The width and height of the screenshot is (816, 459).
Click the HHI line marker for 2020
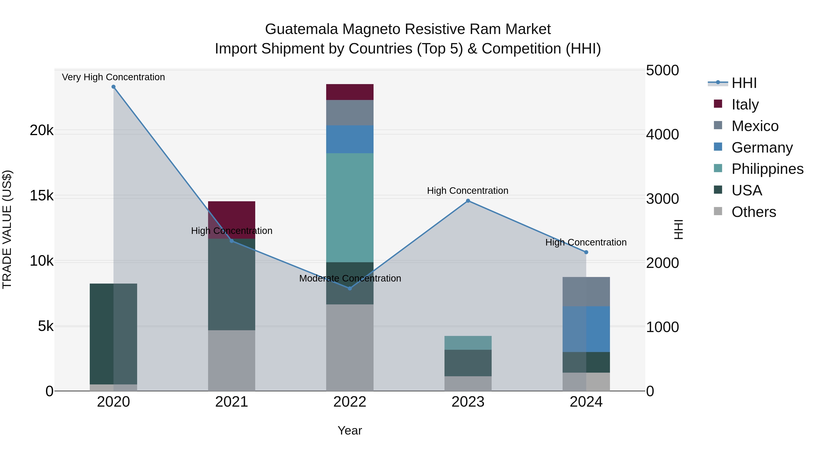(113, 87)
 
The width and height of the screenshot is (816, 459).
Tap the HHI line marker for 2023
(468, 201)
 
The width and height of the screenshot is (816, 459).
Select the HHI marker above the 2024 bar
(586, 252)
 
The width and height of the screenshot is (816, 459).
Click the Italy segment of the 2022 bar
(350, 92)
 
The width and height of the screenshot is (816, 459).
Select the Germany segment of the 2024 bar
(586, 329)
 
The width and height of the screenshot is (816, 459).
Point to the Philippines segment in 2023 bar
(468, 343)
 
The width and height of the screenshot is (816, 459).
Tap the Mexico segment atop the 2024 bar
(586, 291)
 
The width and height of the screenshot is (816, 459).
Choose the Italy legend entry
(745, 104)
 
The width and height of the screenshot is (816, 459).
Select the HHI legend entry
(744, 83)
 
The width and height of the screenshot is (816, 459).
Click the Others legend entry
(753, 212)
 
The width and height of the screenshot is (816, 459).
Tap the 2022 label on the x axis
(350, 402)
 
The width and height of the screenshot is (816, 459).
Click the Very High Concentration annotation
(113, 77)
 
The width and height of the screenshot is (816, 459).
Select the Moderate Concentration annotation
(350, 278)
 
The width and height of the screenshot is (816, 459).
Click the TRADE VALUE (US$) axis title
(7, 229)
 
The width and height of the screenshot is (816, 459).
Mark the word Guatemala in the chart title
(301, 29)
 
